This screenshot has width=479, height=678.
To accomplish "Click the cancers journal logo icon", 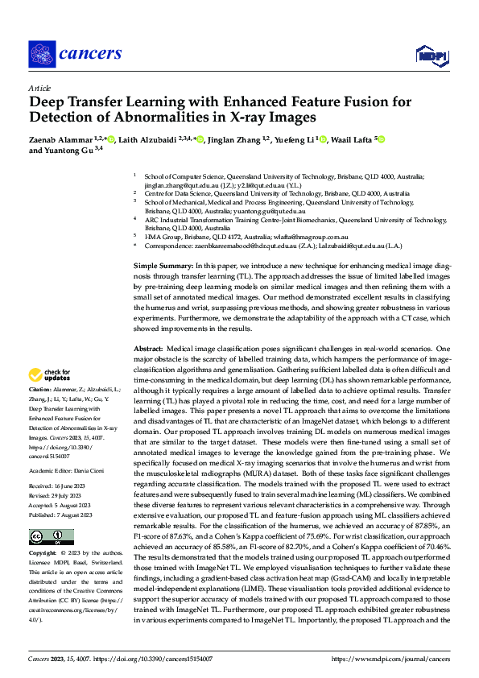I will [42, 54].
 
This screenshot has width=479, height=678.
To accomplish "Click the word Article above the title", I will [39, 88].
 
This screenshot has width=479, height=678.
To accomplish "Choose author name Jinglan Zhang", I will [237, 140].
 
